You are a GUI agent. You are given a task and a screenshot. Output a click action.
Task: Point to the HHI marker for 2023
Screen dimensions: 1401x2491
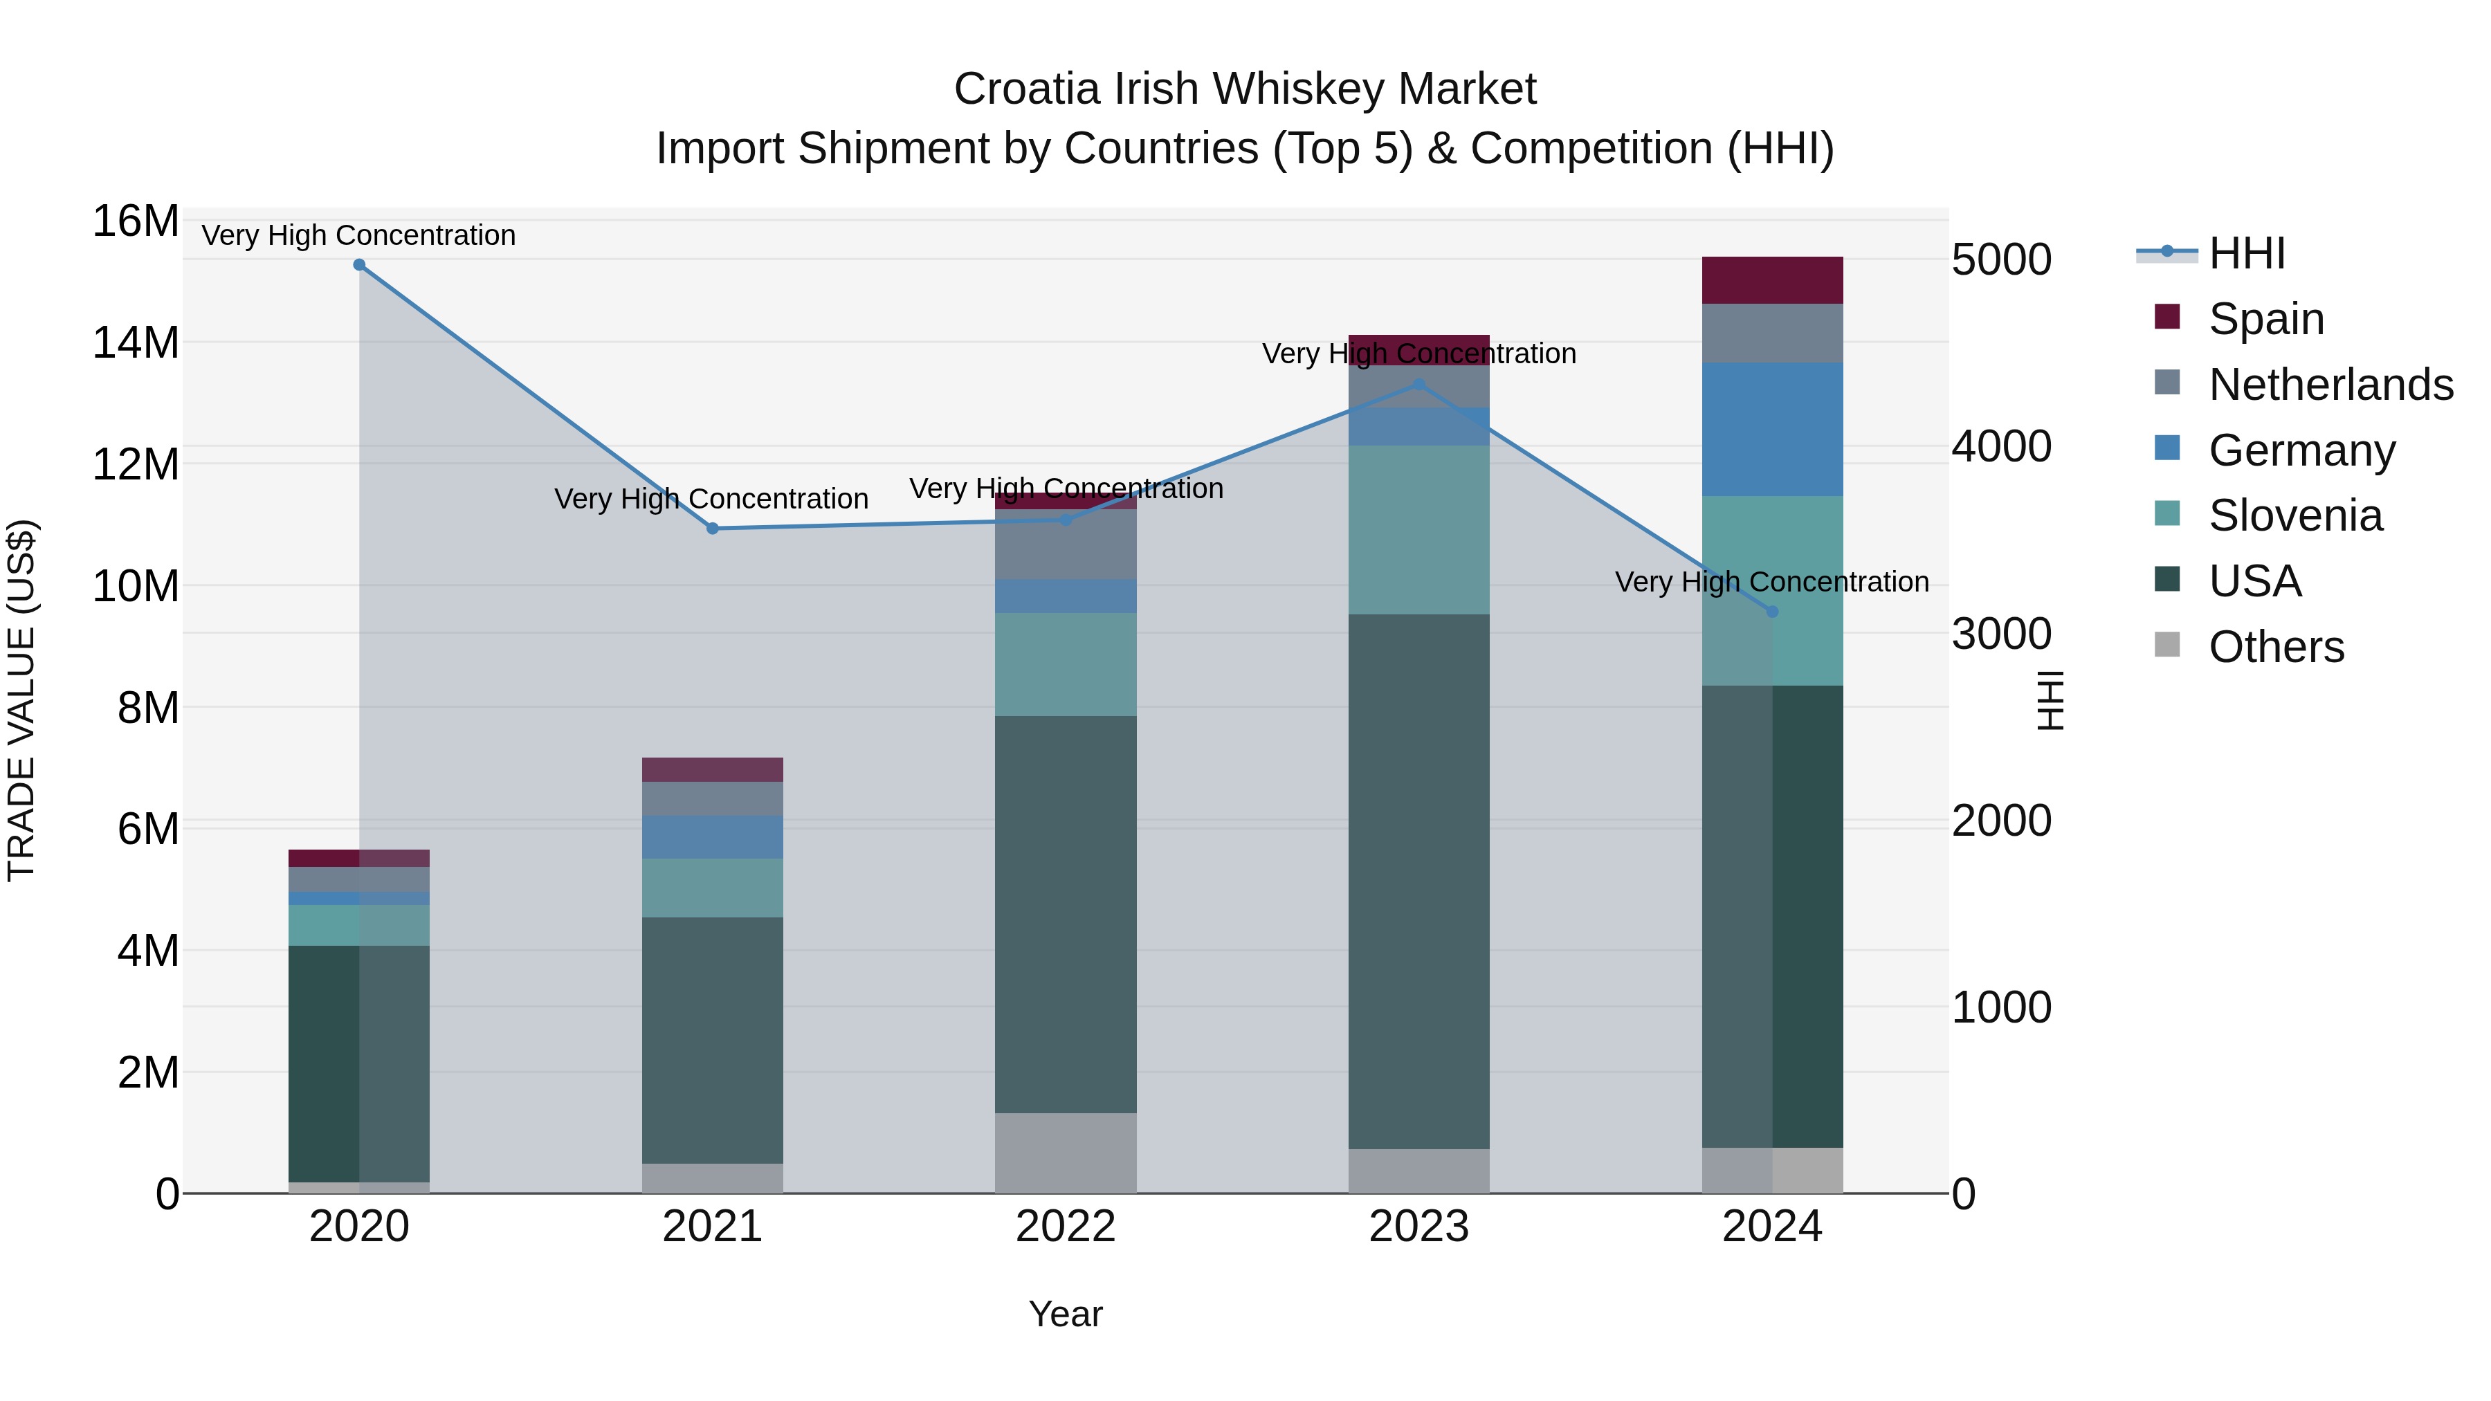pos(1418,384)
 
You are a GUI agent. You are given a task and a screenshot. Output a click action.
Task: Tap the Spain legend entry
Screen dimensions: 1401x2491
pos(2265,319)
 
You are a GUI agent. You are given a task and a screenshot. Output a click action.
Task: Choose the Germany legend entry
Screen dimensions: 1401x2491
pos(2301,450)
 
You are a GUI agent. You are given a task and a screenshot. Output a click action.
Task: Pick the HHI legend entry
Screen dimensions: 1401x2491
pos(2246,253)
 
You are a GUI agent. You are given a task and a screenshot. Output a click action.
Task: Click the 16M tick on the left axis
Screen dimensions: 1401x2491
pos(136,221)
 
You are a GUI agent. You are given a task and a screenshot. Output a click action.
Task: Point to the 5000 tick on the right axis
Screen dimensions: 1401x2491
pos(2000,260)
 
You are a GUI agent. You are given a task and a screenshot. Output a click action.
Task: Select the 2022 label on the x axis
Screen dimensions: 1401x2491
pos(1066,1227)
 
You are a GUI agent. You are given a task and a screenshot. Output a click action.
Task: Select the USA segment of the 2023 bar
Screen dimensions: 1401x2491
pos(1418,880)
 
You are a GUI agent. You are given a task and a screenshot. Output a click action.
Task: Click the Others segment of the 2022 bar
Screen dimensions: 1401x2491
pos(1066,1153)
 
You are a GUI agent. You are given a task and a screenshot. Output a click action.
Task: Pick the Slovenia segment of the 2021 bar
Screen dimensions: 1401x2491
pos(713,888)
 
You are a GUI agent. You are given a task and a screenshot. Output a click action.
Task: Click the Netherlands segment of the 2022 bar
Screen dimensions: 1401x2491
pos(1066,544)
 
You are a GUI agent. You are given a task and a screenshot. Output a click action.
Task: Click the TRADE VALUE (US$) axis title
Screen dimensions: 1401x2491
pos(21,700)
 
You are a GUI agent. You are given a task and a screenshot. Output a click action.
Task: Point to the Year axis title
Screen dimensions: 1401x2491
pos(1066,1314)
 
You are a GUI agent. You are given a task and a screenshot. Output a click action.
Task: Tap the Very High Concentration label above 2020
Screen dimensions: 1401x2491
pos(358,235)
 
